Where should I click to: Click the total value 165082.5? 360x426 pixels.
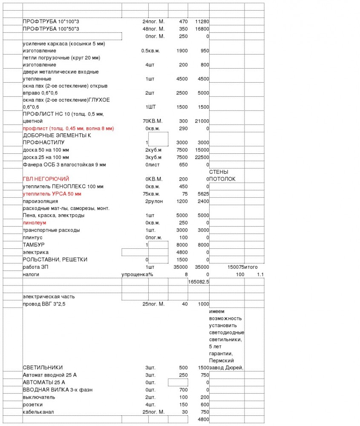coord(199,282)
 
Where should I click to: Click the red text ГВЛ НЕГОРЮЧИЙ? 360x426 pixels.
coord(46,179)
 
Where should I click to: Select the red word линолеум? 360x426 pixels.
coord(35,223)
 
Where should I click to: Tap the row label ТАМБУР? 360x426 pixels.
coord(34,245)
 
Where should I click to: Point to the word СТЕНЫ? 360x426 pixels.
coord(219,172)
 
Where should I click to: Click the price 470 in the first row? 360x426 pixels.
coord(184,21)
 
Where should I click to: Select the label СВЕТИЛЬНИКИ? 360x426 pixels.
coord(43,368)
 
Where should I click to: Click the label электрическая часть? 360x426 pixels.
coord(49,296)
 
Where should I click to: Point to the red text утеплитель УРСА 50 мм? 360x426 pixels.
coord(52,194)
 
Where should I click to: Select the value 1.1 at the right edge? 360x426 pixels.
coord(261,274)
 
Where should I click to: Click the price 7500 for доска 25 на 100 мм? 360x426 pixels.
coord(182,157)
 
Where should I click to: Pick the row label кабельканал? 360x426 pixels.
coord(38,412)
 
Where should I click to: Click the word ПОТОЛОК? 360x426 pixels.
coord(222,179)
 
